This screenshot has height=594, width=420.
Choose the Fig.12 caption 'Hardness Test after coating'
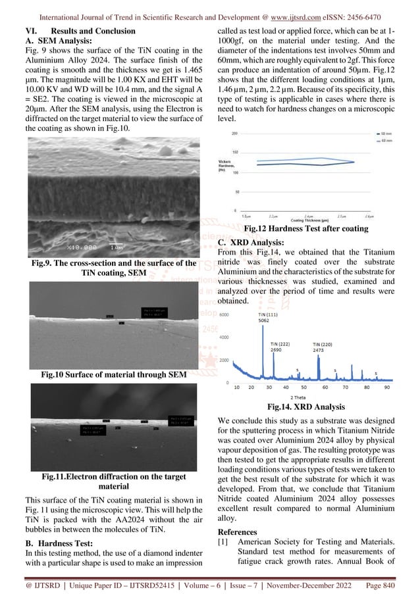[305, 228]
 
